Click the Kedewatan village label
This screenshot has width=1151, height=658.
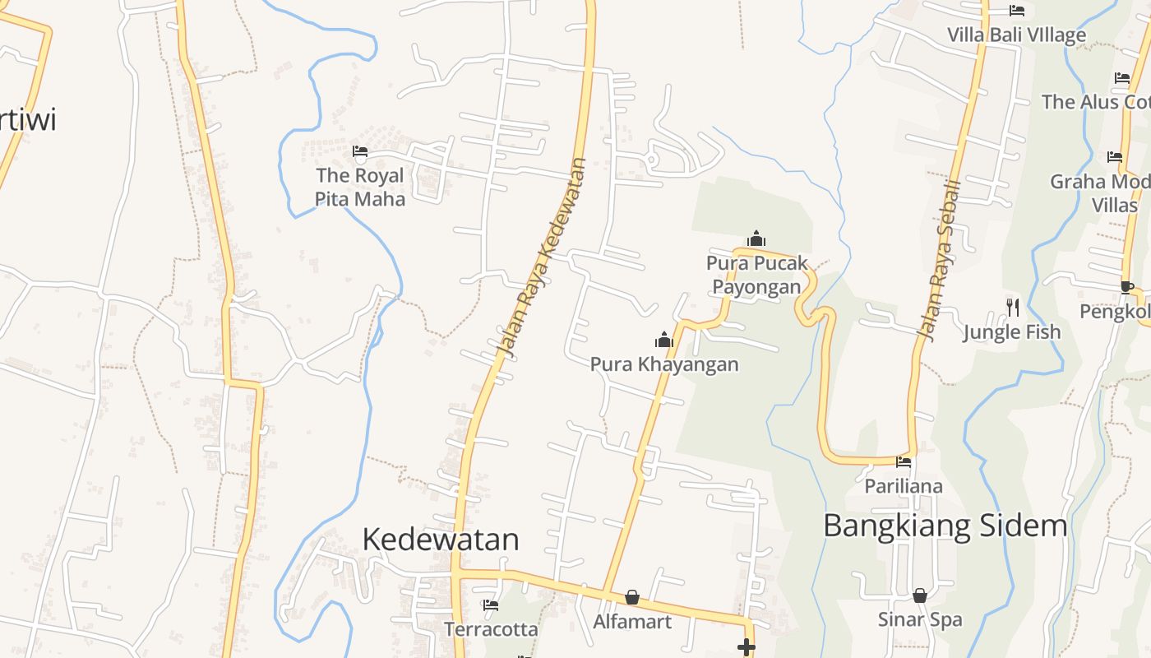click(441, 540)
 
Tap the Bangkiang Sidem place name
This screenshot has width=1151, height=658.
click(945, 526)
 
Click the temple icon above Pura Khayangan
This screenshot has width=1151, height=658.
click(663, 340)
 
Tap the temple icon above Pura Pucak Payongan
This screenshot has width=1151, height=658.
click(756, 239)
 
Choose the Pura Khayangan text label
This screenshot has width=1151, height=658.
click(664, 364)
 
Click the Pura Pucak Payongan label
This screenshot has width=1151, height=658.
click(756, 275)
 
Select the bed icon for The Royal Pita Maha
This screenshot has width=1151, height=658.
click(360, 151)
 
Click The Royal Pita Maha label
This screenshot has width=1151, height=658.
click(360, 188)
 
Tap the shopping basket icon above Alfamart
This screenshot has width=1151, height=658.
click(632, 597)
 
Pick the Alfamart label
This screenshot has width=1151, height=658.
click(632, 622)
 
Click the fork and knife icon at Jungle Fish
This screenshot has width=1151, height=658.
click(1013, 308)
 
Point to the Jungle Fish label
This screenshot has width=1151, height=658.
click(1012, 332)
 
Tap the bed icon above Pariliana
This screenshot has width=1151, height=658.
click(904, 461)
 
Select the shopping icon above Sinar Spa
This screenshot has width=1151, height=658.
click(920, 595)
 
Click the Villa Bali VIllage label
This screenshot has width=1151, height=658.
click(1016, 35)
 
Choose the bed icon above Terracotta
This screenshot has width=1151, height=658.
click(492, 605)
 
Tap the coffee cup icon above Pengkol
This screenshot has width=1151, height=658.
click(1126, 287)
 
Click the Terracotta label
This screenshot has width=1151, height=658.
click(492, 630)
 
